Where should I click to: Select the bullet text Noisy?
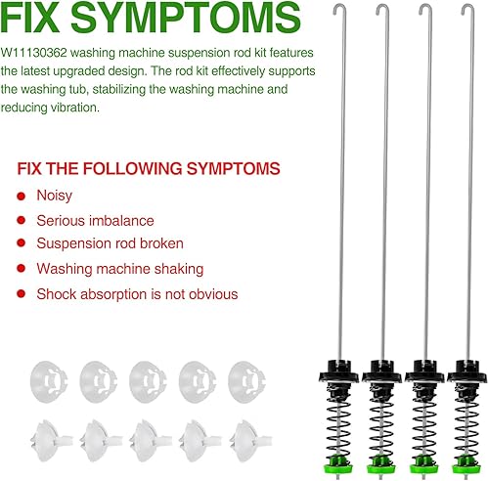55,196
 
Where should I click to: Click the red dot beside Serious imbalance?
23,221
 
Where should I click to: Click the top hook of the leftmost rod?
335,12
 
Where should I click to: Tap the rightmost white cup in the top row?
246,375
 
